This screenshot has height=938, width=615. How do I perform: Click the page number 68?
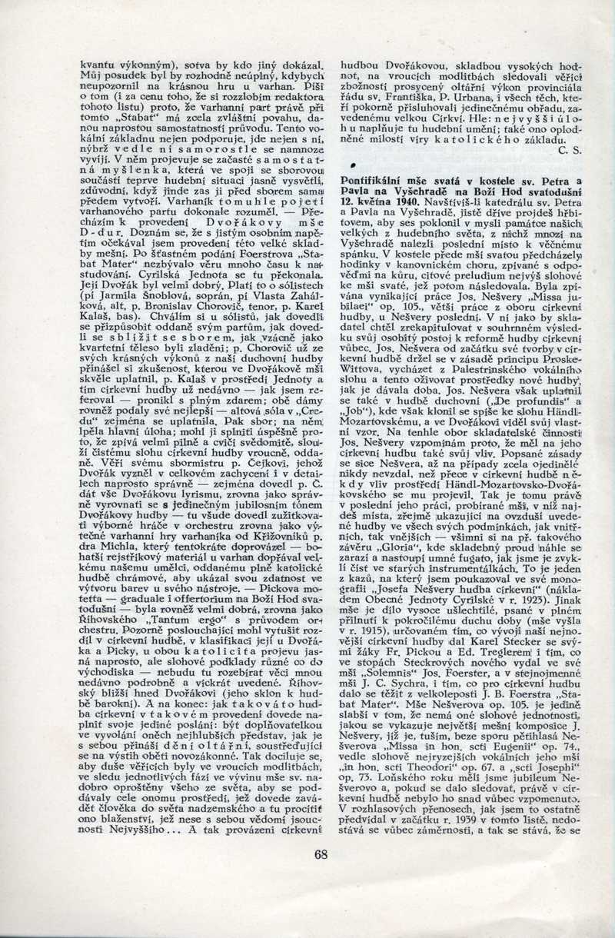coord(321,853)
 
